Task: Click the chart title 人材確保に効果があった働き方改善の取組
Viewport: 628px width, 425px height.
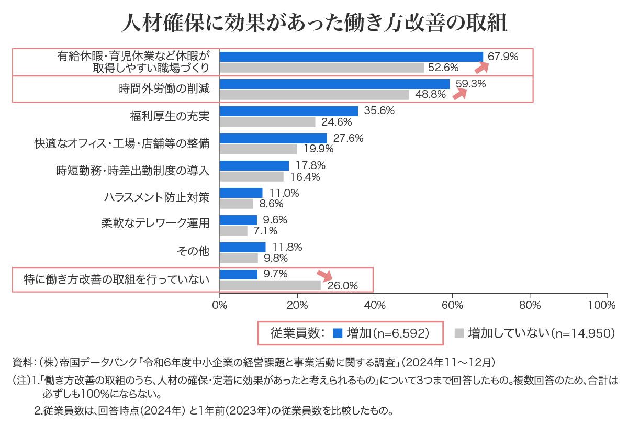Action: point(314,23)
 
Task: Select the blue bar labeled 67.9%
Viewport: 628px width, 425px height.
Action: point(351,57)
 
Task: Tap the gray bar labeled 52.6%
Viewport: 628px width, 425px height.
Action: point(322,68)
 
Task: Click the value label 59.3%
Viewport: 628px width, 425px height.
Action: point(470,83)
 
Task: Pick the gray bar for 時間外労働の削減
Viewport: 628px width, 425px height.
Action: point(315,95)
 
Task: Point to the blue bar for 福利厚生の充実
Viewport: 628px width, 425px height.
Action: point(289,111)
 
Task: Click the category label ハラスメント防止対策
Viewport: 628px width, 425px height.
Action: point(157,198)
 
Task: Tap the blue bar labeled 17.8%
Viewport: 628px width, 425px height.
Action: point(254,165)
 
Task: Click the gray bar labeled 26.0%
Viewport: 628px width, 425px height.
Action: point(271,285)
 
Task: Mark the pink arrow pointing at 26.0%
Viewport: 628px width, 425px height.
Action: point(324,276)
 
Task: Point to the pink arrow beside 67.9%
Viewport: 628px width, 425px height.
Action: point(481,67)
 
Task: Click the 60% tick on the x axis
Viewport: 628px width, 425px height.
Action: point(453,304)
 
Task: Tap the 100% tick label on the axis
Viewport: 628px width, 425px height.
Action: point(607,304)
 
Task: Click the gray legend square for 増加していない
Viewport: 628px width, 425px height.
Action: point(459,333)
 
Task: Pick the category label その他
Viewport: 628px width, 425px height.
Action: point(194,252)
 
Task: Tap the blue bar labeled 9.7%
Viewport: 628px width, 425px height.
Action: point(239,274)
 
